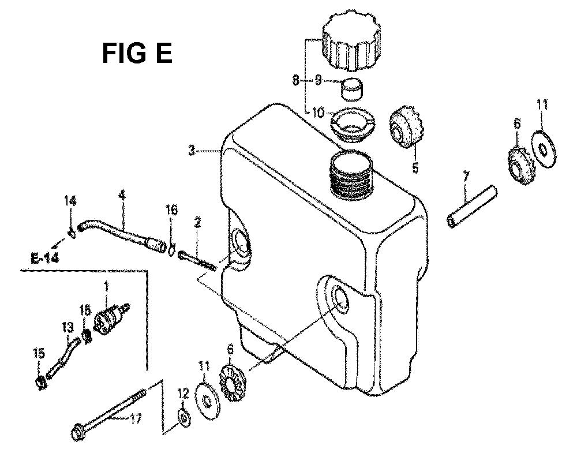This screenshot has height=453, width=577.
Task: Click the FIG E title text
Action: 137,53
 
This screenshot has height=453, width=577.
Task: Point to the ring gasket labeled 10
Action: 353,124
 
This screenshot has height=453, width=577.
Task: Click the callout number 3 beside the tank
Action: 192,151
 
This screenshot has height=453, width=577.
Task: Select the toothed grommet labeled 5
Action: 406,129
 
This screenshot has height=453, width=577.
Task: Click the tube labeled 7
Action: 472,207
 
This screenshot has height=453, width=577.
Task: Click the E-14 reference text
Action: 45,259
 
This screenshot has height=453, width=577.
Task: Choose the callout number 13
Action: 68,327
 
